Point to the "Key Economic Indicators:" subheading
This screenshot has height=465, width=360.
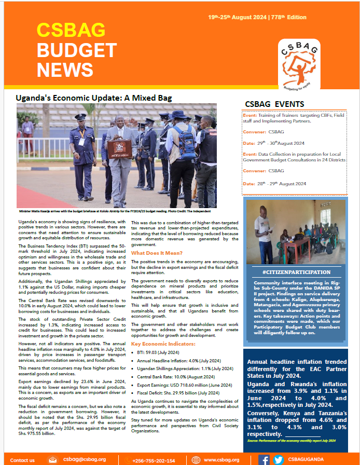click(x=163, y=344)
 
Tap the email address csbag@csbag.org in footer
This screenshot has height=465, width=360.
click(x=84, y=460)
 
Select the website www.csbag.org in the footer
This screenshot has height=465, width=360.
click(x=221, y=460)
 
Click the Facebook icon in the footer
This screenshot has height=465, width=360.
click(x=264, y=460)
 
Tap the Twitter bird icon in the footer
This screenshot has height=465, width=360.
click(x=278, y=460)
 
